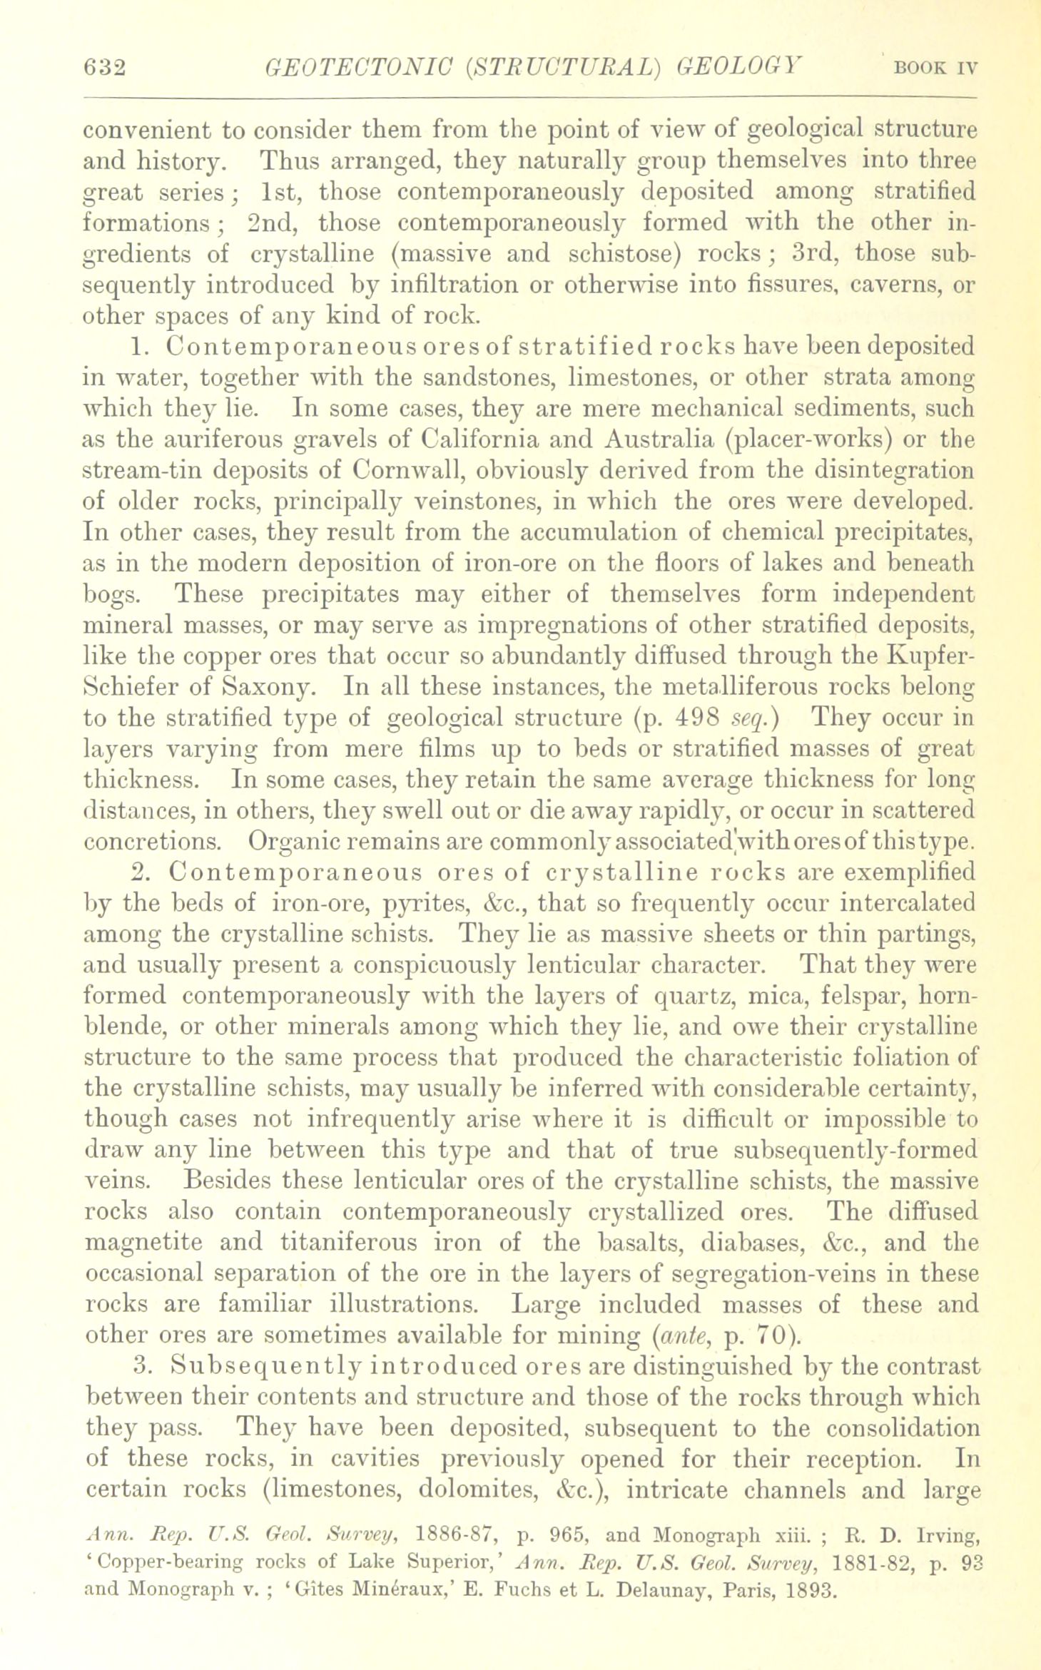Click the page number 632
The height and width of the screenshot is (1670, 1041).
104,69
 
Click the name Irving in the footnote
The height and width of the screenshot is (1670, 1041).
937,1530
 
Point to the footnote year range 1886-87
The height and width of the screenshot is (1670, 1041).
455,1530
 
